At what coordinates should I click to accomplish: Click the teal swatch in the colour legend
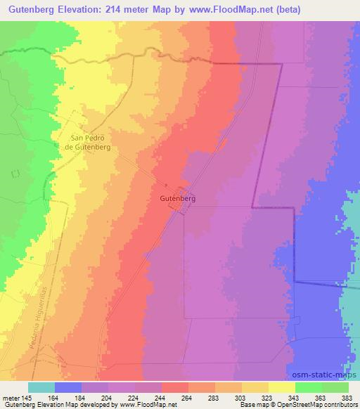coord(41,387)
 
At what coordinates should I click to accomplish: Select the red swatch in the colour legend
coord(175,387)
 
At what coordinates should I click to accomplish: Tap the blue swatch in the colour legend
coord(68,387)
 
